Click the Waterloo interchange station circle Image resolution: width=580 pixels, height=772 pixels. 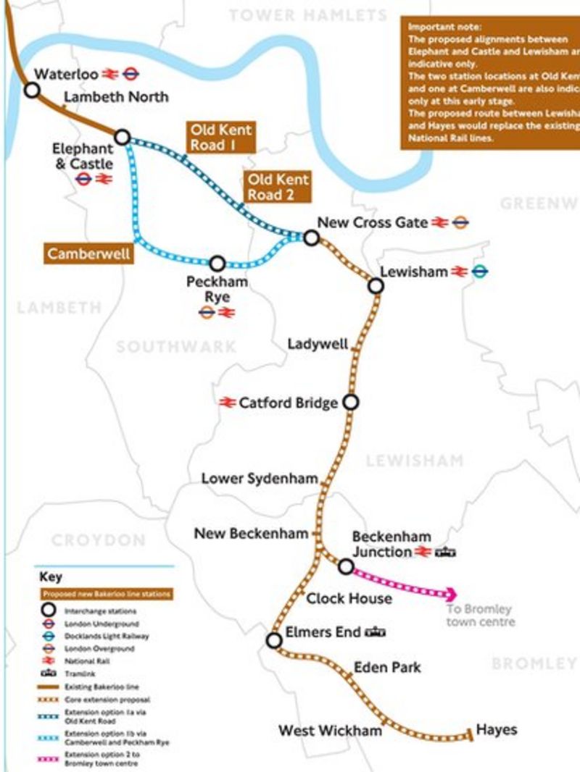click(32, 90)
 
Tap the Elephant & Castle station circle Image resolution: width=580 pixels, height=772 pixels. click(123, 137)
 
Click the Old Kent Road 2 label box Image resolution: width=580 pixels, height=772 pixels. click(278, 187)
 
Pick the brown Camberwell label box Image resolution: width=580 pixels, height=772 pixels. click(88, 254)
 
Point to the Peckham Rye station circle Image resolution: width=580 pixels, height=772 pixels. click(217, 264)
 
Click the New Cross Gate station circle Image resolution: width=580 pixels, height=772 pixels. click(311, 238)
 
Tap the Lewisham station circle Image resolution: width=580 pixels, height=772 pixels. click(376, 286)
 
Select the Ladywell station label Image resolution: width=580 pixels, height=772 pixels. click(318, 343)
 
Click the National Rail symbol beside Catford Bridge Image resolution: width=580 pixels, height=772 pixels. click(228, 403)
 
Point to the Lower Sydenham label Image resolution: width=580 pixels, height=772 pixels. click(260, 479)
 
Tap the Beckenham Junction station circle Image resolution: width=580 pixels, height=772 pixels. click(347, 566)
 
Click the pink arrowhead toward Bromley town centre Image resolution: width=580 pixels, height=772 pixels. click(451, 593)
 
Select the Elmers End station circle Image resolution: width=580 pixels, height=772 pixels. click(274, 640)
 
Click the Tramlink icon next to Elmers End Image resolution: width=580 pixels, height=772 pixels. click(375, 632)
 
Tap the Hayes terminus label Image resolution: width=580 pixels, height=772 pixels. click(497, 729)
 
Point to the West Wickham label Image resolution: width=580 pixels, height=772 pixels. click(330, 731)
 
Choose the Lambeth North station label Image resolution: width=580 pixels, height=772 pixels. click(116, 96)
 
